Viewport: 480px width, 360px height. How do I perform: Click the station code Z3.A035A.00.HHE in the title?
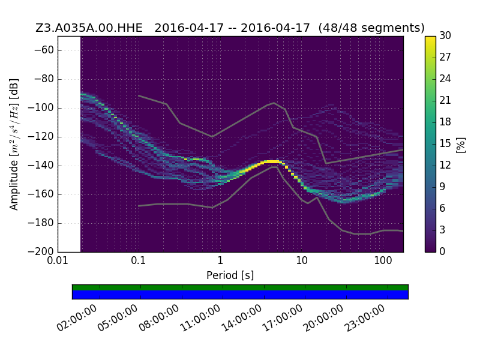[89, 28]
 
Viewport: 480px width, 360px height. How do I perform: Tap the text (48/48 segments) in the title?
[371, 28]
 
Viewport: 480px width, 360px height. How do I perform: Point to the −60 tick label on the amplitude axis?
[44, 50]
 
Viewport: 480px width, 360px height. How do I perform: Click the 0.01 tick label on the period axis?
[58, 261]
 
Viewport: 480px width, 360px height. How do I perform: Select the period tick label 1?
[220, 261]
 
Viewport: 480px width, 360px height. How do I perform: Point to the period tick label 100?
[383, 261]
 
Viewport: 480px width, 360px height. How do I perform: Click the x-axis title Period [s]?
[230, 275]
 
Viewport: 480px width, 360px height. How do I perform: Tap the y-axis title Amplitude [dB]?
[14, 145]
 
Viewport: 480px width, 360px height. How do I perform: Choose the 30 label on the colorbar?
[445, 35]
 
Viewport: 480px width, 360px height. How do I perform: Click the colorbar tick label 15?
[445, 143]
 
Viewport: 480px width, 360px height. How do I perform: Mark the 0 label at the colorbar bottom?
[442, 251]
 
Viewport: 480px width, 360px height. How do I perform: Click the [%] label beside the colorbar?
[461, 145]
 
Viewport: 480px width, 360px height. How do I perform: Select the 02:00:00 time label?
[77, 318]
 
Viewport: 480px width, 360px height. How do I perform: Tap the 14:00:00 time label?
[241, 318]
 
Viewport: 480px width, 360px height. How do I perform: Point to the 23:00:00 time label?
[364, 318]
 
